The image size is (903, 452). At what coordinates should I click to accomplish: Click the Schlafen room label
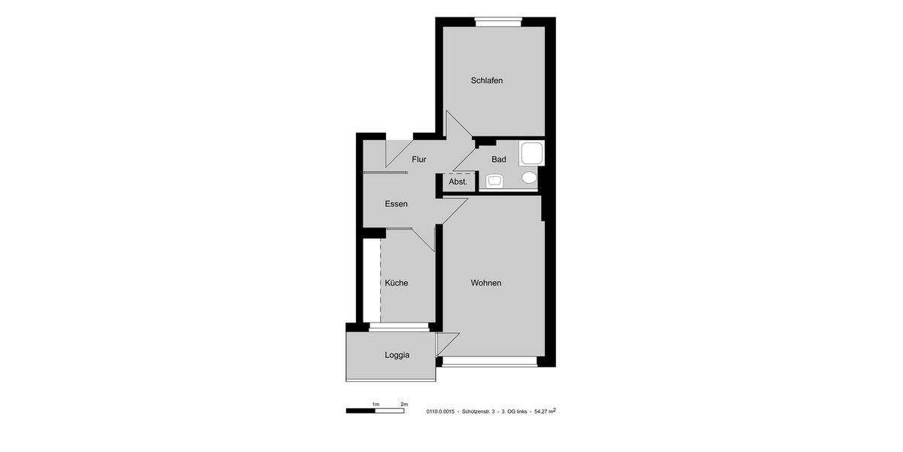(x=486, y=81)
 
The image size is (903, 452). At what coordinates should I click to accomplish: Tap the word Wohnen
(x=485, y=283)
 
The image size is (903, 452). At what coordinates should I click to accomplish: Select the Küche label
(x=396, y=283)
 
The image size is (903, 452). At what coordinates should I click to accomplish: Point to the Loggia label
(x=397, y=356)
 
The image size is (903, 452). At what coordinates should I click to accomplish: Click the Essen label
(x=396, y=204)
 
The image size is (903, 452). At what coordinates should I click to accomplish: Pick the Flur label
(x=419, y=160)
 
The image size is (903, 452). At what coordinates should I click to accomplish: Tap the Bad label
(x=498, y=160)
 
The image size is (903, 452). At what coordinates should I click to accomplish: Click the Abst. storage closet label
(x=458, y=182)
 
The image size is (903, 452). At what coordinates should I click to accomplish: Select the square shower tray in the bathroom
(x=531, y=153)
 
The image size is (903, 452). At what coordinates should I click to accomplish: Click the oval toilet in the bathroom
(x=530, y=178)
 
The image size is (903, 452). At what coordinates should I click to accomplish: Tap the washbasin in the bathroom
(x=494, y=181)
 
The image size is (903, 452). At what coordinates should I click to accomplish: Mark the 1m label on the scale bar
(x=375, y=405)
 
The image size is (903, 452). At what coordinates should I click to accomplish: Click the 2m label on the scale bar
(x=403, y=405)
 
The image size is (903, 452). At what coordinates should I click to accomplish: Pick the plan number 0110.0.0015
(x=440, y=412)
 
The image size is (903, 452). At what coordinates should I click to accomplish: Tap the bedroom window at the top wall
(x=498, y=22)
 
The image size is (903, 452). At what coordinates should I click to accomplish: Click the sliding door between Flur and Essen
(x=385, y=173)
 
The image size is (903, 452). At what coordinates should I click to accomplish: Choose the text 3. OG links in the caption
(x=514, y=412)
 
